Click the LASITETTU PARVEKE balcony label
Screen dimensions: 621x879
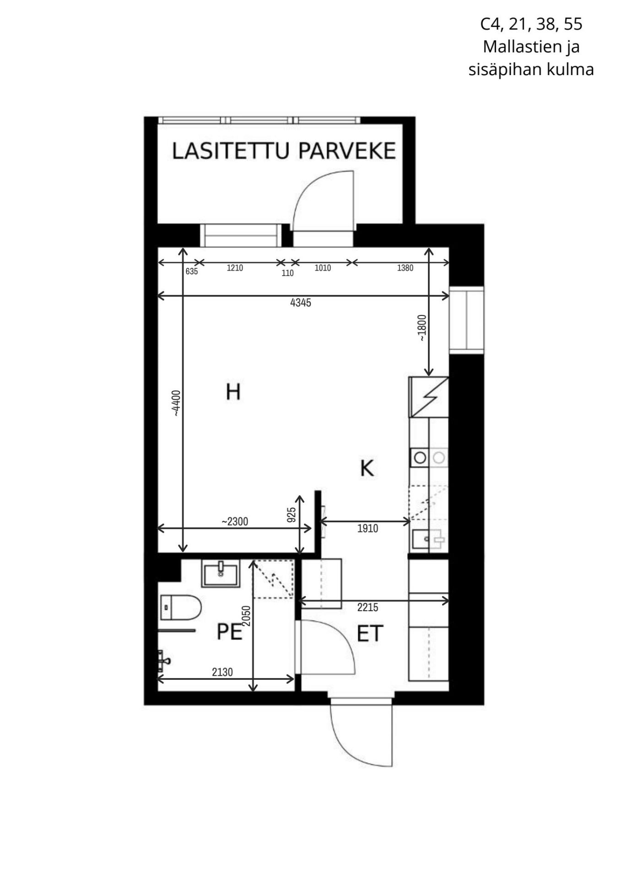[284, 151]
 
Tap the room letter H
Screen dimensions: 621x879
[233, 392]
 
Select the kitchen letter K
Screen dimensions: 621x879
[367, 468]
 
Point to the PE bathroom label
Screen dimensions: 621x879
[229, 632]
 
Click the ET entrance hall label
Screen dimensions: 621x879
[370, 634]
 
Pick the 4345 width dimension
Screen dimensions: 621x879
[301, 303]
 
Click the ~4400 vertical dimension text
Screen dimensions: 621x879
[177, 403]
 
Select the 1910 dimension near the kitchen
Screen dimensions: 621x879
[367, 529]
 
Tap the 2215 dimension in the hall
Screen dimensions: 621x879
[368, 608]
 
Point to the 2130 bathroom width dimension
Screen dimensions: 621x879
[222, 672]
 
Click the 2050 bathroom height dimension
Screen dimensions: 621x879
[246, 616]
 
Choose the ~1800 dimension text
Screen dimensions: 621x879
[421, 328]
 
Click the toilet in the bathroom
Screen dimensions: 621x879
[181, 607]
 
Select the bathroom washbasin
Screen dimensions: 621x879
[220, 575]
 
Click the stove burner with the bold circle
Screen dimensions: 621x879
[420, 457]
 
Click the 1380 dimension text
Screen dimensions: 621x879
[405, 268]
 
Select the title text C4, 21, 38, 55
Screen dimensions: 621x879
[531, 24]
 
